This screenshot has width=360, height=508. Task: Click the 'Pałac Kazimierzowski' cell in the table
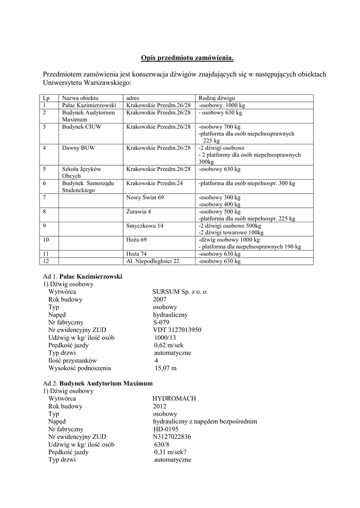(89, 106)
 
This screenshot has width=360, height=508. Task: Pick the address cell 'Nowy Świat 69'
(145, 197)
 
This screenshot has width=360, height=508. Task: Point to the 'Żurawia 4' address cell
(139, 211)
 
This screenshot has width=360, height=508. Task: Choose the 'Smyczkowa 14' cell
(144, 225)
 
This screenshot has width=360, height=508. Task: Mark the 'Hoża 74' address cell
(137, 254)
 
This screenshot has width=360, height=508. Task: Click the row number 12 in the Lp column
(46, 261)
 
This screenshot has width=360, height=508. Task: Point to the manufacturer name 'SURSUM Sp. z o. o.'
(180, 292)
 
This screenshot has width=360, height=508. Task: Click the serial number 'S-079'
(161, 322)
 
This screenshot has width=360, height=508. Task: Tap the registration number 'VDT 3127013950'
(177, 330)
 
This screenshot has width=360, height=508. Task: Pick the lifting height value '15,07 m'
(165, 368)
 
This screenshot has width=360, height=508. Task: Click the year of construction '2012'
(160, 406)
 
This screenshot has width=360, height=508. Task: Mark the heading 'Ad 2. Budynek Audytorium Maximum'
(98, 383)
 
